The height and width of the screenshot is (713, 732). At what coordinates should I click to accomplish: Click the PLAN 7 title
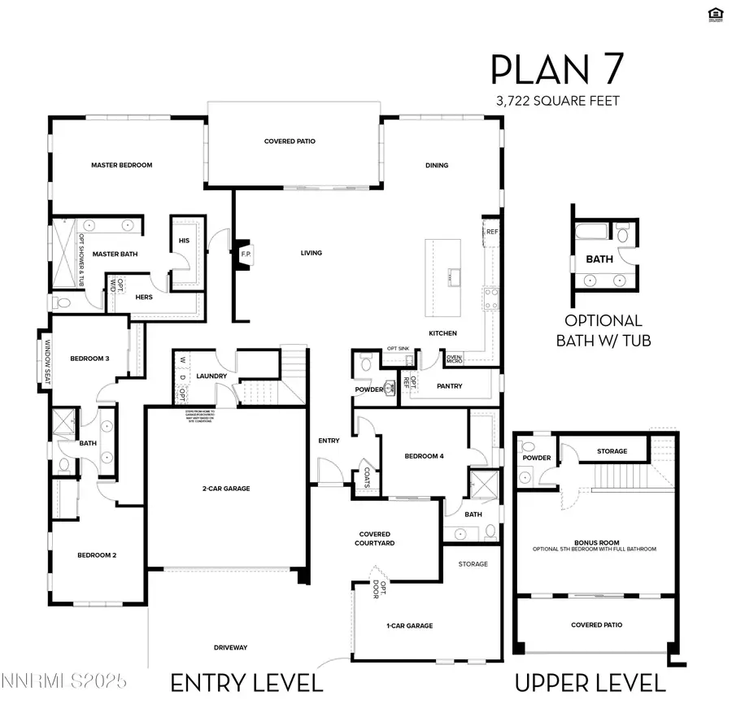pyautogui.click(x=558, y=71)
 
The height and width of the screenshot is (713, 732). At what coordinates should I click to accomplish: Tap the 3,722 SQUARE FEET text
pyautogui.click(x=557, y=101)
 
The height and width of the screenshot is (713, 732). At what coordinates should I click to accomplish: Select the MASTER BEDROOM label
pyautogui.click(x=121, y=165)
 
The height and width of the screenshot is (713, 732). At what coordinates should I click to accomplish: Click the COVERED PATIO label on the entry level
pyautogui.click(x=290, y=141)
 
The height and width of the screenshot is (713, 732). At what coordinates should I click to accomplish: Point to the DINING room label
pyautogui.click(x=437, y=165)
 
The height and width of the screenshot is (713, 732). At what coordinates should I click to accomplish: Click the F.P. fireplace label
pyautogui.click(x=246, y=253)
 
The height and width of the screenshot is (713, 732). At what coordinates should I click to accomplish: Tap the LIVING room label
pyautogui.click(x=312, y=253)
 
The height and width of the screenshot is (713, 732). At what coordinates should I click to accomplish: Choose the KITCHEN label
pyautogui.click(x=443, y=333)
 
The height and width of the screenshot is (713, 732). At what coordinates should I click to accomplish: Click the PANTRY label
pyautogui.click(x=450, y=387)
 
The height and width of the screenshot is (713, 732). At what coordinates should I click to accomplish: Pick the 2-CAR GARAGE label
pyautogui.click(x=226, y=489)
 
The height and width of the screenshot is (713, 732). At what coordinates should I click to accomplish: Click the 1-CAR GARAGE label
pyautogui.click(x=410, y=625)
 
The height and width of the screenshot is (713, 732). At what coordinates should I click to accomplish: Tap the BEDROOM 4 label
pyautogui.click(x=424, y=456)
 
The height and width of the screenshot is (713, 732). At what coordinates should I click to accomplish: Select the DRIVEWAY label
pyautogui.click(x=230, y=647)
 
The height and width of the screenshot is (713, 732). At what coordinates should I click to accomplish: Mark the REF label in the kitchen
pyautogui.click(x=491, y=232)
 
